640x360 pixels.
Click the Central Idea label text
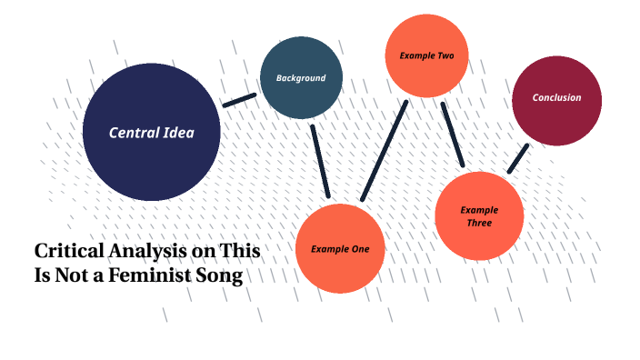click(151, 133)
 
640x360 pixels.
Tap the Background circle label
click(301, 78)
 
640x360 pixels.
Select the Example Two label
click(426, 56)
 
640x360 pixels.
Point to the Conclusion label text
click(556, 98)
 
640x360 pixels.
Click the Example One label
click(340, 249)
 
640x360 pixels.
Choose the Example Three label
click(479, 216)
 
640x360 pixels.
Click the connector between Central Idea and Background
click(239, 99)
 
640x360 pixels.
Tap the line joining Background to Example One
click(319, 160)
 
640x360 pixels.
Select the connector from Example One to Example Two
click(383, 151)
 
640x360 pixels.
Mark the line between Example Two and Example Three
click(452, 134)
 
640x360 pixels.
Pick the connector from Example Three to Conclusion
click(517, 158)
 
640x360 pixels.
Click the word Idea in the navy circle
click(178, 133)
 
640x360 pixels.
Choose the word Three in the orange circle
click(479, 223)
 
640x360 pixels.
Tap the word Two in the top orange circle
click(445, 56)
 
